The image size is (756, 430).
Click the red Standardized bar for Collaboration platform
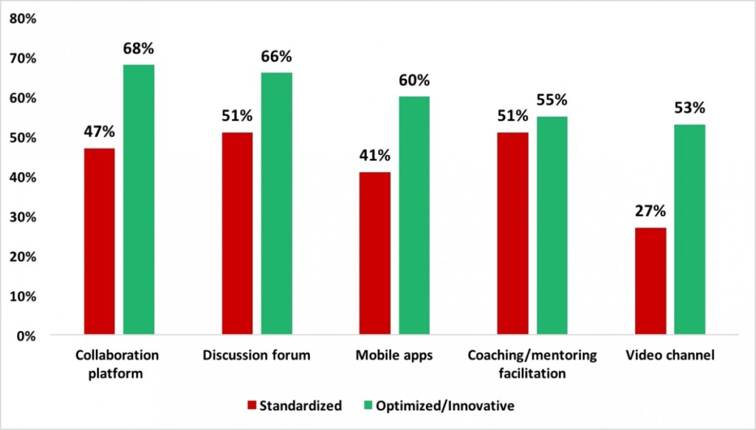point(99,242)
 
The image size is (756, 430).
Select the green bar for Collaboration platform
point(139,199)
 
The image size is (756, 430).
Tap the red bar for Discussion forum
point(238,233)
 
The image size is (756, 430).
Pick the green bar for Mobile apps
point(413,216)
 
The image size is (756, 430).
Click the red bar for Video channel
point(650,281)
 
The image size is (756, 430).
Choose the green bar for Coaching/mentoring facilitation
point(551,225)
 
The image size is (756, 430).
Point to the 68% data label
point(138,49)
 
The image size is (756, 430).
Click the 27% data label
point(650,211)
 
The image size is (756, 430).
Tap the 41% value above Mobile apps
point(374,156)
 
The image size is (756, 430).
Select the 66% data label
point(276,57)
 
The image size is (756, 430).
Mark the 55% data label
point(551,100)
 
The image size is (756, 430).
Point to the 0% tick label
point(26,336)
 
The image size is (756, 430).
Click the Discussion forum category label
point(256,356)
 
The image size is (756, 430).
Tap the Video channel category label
point(670,356)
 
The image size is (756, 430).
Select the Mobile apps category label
point(394,356)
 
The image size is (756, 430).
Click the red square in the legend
point(251,405)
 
